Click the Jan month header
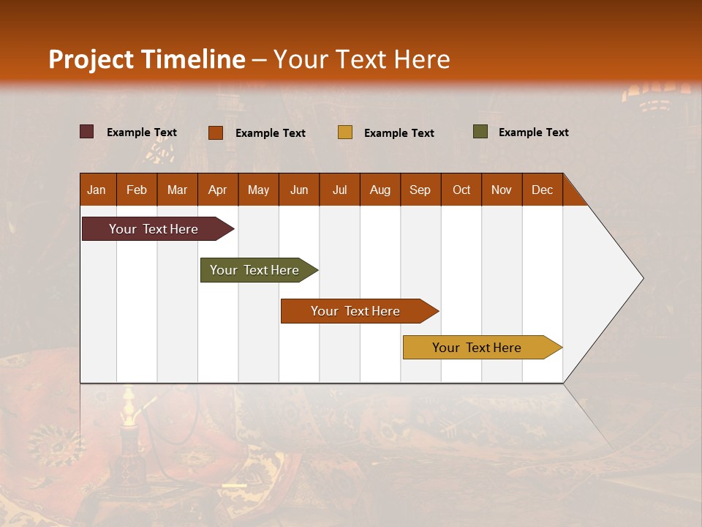click(97, 190)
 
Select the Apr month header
click(218, 190)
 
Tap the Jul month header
click(339, 190)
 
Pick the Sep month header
click(420, 190)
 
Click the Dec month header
click(542, 190)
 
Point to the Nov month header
click(502, 190)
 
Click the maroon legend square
click(87, 132)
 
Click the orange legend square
click(216, 132)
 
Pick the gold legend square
click(345, 132)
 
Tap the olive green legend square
click(480, 132)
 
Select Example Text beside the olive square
click(533, 132)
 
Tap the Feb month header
click(137, 190)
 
